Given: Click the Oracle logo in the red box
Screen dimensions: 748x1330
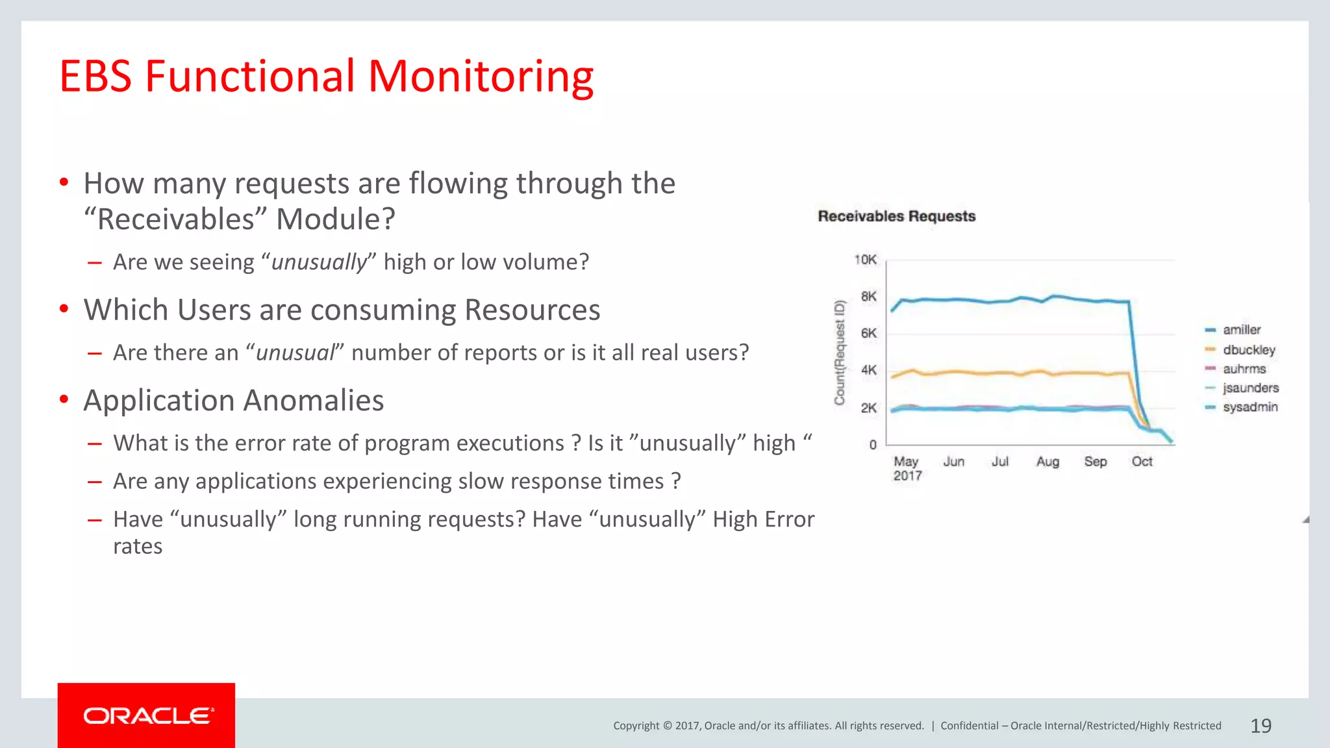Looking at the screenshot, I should point(147,716).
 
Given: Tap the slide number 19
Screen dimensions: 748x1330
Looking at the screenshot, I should point(1261,726).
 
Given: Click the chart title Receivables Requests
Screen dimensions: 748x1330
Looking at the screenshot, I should point(896,216).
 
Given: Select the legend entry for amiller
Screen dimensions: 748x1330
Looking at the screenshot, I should point(1241,330).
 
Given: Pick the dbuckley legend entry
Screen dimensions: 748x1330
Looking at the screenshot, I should point(1248,350).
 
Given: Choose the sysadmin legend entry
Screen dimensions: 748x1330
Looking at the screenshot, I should point(1249,407).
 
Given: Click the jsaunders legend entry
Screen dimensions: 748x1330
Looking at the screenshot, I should point(1250,388).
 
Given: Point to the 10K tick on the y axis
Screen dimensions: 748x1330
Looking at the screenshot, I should point(865,260).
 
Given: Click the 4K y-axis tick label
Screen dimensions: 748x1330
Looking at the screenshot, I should point(868,370).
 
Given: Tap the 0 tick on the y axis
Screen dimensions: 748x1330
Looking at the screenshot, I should point(873,445).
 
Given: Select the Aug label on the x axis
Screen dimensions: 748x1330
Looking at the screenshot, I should point(1047,462).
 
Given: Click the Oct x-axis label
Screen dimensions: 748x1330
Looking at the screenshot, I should point(1141,462).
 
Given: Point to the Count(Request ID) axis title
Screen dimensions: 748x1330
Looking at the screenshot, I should point(840,353).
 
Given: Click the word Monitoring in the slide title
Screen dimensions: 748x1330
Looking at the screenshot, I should point(481,77).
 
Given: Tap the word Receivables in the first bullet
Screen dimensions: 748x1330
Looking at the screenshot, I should point(176,219).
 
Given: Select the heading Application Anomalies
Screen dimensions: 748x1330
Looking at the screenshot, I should point(234,401).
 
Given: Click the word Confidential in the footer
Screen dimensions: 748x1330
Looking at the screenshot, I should point(969,726).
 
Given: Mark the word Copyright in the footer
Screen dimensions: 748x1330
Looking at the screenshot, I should point(636,726).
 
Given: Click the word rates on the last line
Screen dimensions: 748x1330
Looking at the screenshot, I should point(138,547).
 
